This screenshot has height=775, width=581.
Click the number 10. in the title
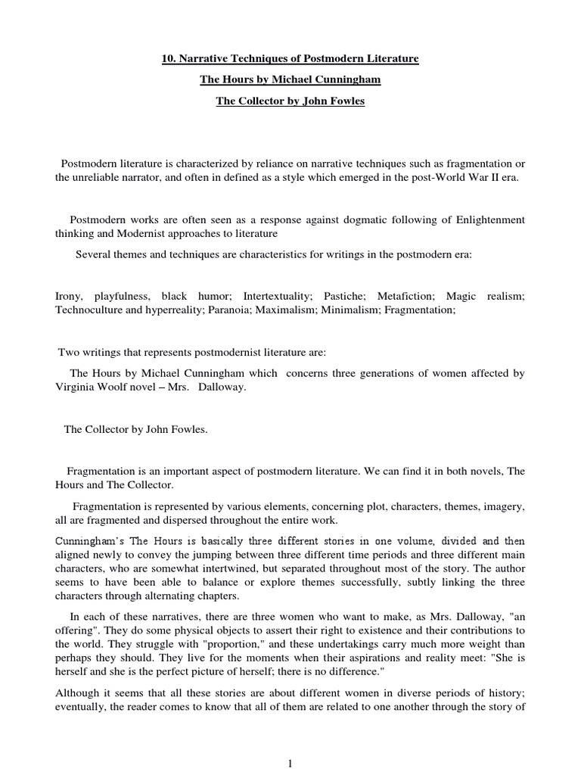(x=170, y=58)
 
